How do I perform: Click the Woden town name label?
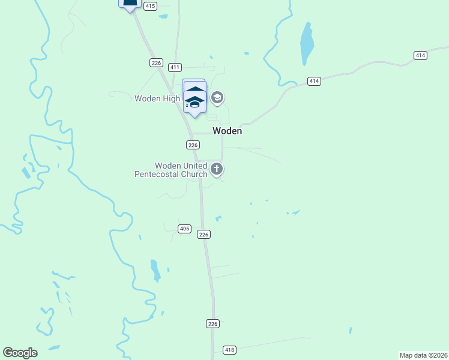pyautogui.click(x=227, y=131)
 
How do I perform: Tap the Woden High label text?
pyautogui.click(x=157, y=98)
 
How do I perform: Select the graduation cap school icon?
pyautogui.click(x=217, y=98)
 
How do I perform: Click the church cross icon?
pyautogui.click(x=217, y=170)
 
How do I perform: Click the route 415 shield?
pyautogui.click(x=150, y=6)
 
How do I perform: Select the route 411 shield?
pyautogui.click(x=175, y=67)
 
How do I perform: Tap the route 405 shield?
pyautogui.click(x=184, y=229)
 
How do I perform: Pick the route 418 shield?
pyautogui.click(x=229, y=350)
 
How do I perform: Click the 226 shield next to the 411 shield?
pyautogui.click(x=156, y=62)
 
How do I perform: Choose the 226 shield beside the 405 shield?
pyautogui.click(x=204, y=235)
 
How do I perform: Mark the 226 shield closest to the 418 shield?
pyautogui.click(x=212, y=323)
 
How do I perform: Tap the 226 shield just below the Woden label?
pyautogui.click(x=192, y=145)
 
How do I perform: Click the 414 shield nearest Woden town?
pyautogui.click(x=314, y=80)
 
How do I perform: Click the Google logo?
pyautogui.click(x=20, y=353)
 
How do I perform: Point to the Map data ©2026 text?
pyautogui.click(x=423, y=355)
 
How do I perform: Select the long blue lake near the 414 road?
pyautogui.click(x=307, y=43)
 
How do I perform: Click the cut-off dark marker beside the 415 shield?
pyautogui.click(x=130, y=5)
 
